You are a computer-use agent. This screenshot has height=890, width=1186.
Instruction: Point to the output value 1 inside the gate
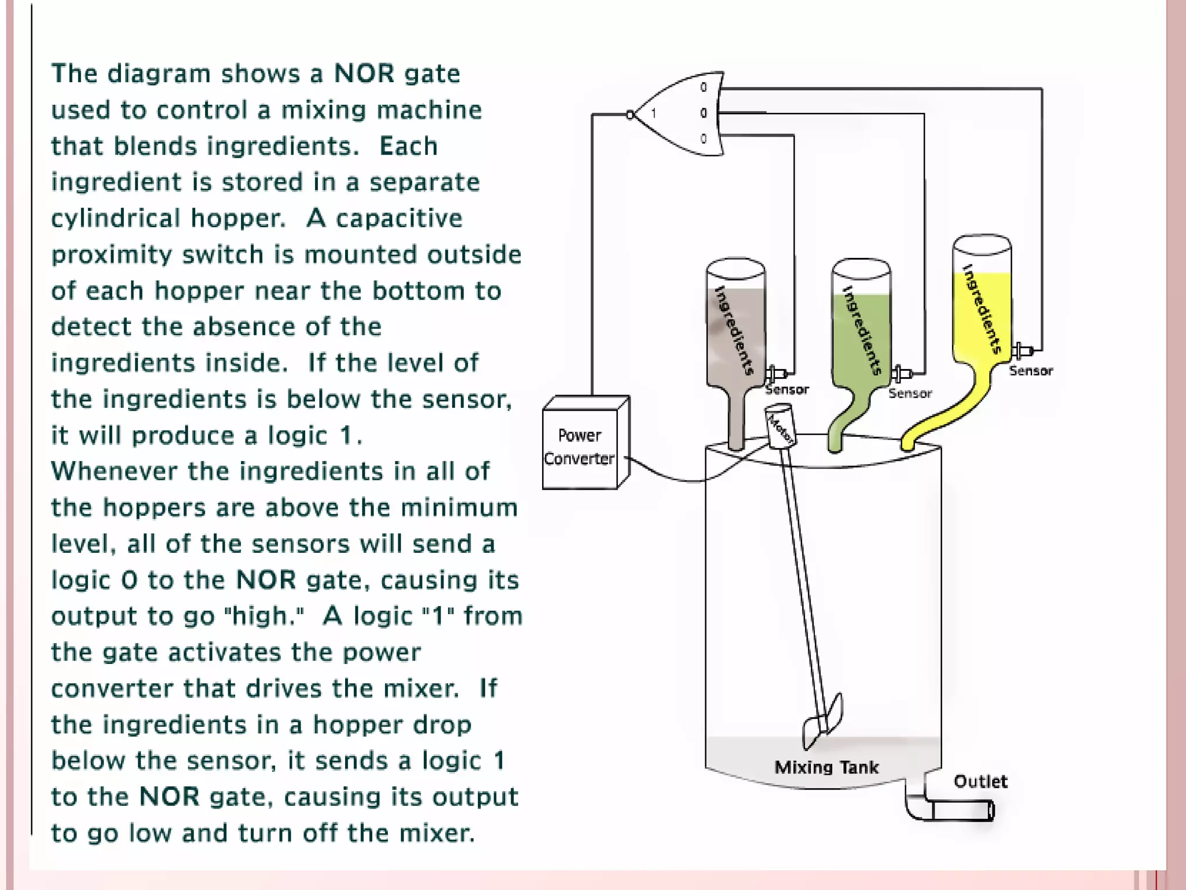(654, 113)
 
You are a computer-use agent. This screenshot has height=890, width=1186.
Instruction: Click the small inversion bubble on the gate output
(630, 115)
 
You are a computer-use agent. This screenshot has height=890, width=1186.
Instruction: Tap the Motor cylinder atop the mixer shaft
(779, 426)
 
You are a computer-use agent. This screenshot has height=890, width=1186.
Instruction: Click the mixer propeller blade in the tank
(822, 721)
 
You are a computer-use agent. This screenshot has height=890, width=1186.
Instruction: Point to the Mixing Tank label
(826, 767)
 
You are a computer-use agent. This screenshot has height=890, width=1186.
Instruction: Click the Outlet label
(980, 781)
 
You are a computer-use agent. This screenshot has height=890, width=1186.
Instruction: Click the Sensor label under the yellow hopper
(1031, 371)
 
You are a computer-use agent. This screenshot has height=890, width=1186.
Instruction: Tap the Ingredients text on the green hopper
(862, 330)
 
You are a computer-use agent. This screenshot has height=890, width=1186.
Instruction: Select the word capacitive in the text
(399, 218)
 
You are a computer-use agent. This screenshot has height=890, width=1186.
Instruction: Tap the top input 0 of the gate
(704, 87)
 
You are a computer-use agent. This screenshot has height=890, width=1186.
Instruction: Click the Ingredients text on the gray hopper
(735, 330)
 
